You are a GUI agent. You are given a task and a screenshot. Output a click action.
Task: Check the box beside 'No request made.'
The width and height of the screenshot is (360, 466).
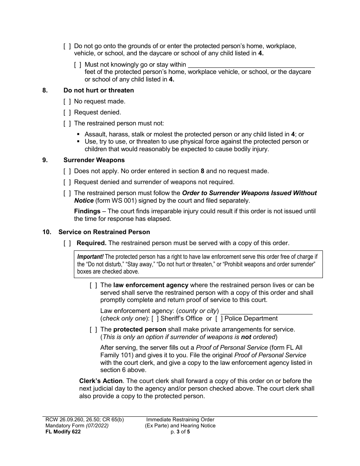(x=67, y=102)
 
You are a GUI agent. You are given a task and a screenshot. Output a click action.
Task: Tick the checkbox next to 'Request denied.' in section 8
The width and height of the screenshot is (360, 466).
(x=67, y=113)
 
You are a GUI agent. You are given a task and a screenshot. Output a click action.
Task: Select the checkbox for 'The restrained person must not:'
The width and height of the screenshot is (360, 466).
(x=67, y=124)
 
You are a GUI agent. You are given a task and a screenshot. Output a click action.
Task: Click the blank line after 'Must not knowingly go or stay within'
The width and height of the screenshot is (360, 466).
(x=251, y=65)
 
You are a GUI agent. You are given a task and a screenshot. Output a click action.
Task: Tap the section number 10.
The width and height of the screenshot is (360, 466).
(x=46, y=232)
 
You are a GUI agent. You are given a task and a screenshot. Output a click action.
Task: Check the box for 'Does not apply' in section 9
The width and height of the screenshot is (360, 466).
(x=67, y=171)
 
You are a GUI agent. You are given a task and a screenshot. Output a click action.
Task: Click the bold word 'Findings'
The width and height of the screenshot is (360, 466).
(x=87, y=211)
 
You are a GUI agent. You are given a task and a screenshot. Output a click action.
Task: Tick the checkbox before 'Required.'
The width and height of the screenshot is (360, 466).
(x=67, y=243)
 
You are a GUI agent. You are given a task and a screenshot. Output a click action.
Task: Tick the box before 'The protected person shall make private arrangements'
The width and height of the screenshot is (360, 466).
(x=93, y=330)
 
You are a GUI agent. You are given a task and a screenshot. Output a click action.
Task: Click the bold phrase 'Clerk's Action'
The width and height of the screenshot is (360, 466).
(x=101, y=381)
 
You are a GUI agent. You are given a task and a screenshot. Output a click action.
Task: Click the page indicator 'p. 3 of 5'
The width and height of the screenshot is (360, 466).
(x=180, y=432)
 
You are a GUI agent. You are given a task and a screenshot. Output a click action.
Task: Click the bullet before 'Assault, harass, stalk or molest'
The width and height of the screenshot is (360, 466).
(x=78, y=134)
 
